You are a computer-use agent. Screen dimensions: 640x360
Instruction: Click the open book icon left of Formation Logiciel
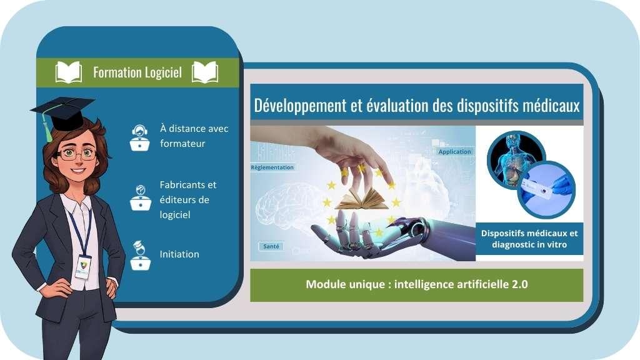pos(69,72)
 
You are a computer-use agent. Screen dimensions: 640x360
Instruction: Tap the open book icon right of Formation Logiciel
pos(205,72)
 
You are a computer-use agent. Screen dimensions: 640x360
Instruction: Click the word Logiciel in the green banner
pos(163,72)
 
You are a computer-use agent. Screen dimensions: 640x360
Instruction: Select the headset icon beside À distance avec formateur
pos(139,137)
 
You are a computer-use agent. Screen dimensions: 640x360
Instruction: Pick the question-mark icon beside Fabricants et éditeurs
pos(141,197)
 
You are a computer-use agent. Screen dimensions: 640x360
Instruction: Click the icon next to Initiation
pos(141,256)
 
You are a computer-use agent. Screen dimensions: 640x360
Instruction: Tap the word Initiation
pos(179,254)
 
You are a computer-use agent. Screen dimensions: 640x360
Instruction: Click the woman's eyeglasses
pos(77,154)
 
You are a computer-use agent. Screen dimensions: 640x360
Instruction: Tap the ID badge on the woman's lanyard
pos(82,267)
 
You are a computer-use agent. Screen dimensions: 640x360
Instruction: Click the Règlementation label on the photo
pos(272,167)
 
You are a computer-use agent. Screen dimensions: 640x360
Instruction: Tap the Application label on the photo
pos(455,152)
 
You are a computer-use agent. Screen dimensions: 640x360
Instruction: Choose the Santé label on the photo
pos(271,246)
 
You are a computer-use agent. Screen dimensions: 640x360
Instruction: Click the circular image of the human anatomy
pos(516,159)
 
